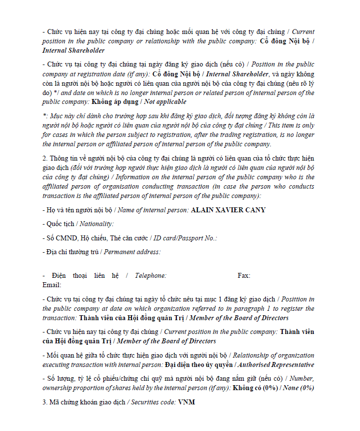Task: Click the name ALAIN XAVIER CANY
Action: click(x=228, y=210)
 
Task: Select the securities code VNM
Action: click(x=187, y=402)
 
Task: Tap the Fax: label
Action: click(x=244, y=275)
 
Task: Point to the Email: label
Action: click(x=52, y=285)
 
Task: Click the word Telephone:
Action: click(x=151, y=275)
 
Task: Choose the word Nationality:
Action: click(x=97, y=224)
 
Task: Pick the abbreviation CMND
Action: click(x=64, y=238)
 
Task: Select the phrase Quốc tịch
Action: click(x=61, y=224)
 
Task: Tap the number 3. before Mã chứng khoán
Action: click(x=45, y=402)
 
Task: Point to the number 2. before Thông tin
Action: click(x=45, y=158)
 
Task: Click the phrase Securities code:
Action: click(x=153, y=402)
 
